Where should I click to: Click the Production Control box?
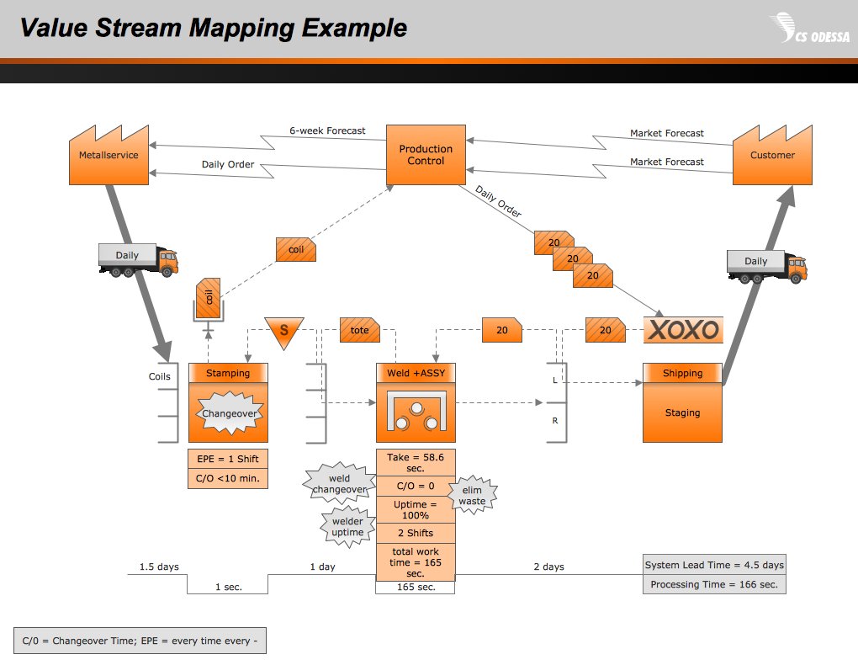click(426, 155)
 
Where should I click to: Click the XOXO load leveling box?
click(683, 329)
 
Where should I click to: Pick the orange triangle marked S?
click(283, 329)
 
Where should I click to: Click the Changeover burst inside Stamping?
click(228, 414)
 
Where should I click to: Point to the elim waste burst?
click(472, 495)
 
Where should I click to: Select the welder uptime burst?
click(347, 527)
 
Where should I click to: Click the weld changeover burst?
click(340, 483)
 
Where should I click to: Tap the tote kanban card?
click(359, 330)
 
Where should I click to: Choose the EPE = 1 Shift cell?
click(228, 459)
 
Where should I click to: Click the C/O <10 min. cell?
click(228, 479)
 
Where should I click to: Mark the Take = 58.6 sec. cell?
click(415, 462)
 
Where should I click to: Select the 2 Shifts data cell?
click(415, 533)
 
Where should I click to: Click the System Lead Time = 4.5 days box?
click(714, 565)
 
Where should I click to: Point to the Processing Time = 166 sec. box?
click(714, 584)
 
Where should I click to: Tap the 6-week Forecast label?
click(327, 130)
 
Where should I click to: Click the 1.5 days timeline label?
click(159, 567)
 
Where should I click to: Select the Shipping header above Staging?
click(682, 374)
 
